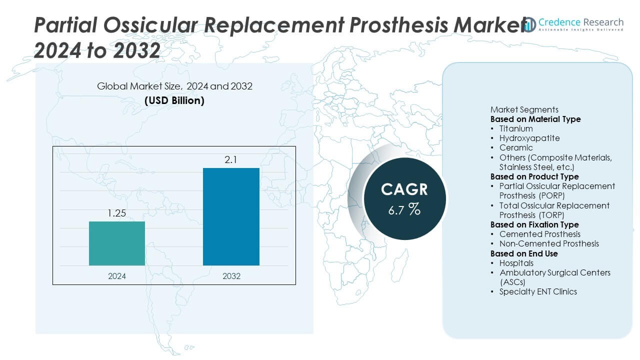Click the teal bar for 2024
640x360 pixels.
(117, 243)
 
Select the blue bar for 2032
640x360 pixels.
(231, 216)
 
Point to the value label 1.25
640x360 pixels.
(117, 213)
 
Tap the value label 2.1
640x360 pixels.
(231, 159)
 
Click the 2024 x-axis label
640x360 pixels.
(117, 276)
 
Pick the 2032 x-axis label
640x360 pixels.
(231, 276)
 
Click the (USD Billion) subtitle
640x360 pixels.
(174, 100)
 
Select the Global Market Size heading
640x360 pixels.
(174, 86)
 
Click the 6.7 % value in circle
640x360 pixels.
(404, 209)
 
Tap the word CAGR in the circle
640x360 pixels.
(404, 189)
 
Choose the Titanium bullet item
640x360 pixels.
(515, 128)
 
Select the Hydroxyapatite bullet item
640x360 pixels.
(529, 138)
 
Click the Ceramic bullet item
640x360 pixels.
(515, 147)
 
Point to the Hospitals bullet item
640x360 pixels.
(516, 263)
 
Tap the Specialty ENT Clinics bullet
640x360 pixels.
(537, 291)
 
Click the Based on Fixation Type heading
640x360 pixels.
(534, 224)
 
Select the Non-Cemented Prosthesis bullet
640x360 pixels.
(548, 243)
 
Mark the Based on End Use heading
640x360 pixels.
(524, 253)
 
